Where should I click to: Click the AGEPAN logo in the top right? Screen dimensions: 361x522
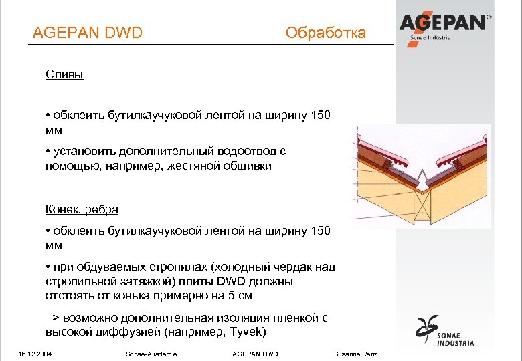(x=444, y=25)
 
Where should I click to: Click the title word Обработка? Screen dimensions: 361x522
(x=325, y=32)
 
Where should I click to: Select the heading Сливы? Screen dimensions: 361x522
(x=64, y=74)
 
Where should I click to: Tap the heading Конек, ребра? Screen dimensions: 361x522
(x=82, y=209)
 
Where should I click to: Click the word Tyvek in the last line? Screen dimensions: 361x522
(x=244, y=332)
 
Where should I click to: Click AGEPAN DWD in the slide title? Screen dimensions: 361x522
(x=88, y=32)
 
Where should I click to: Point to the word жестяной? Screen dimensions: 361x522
(x=201, y=166)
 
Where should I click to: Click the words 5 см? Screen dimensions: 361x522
(x=240, y=295)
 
